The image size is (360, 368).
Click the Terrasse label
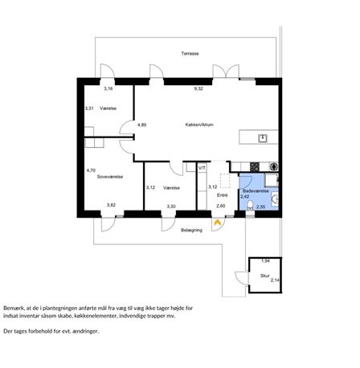[190, 54]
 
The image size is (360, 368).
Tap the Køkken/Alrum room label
[199, 125]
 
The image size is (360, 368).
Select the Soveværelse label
[110, 177]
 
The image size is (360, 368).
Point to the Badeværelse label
[256, 191]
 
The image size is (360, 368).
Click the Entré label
[223, 195]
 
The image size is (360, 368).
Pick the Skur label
[265, 276]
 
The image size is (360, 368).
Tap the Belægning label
[191, 230]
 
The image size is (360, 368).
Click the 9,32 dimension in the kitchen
[198, 88]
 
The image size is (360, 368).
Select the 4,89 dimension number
[141, 125]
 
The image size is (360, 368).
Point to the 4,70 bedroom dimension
[91, 170]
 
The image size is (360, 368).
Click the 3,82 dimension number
[111, 205]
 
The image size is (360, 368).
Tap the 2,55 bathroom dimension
[261, 207]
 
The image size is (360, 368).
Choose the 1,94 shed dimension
[265, 261]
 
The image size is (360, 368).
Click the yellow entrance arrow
[217, 222]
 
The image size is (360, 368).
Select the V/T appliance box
[202, 168]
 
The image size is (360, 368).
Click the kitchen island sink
[263, 138]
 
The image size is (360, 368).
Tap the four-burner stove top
[255, 166]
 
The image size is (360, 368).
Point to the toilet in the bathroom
[250, 206]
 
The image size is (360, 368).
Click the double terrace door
[226, 72]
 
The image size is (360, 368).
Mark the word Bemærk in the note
[13, 309]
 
